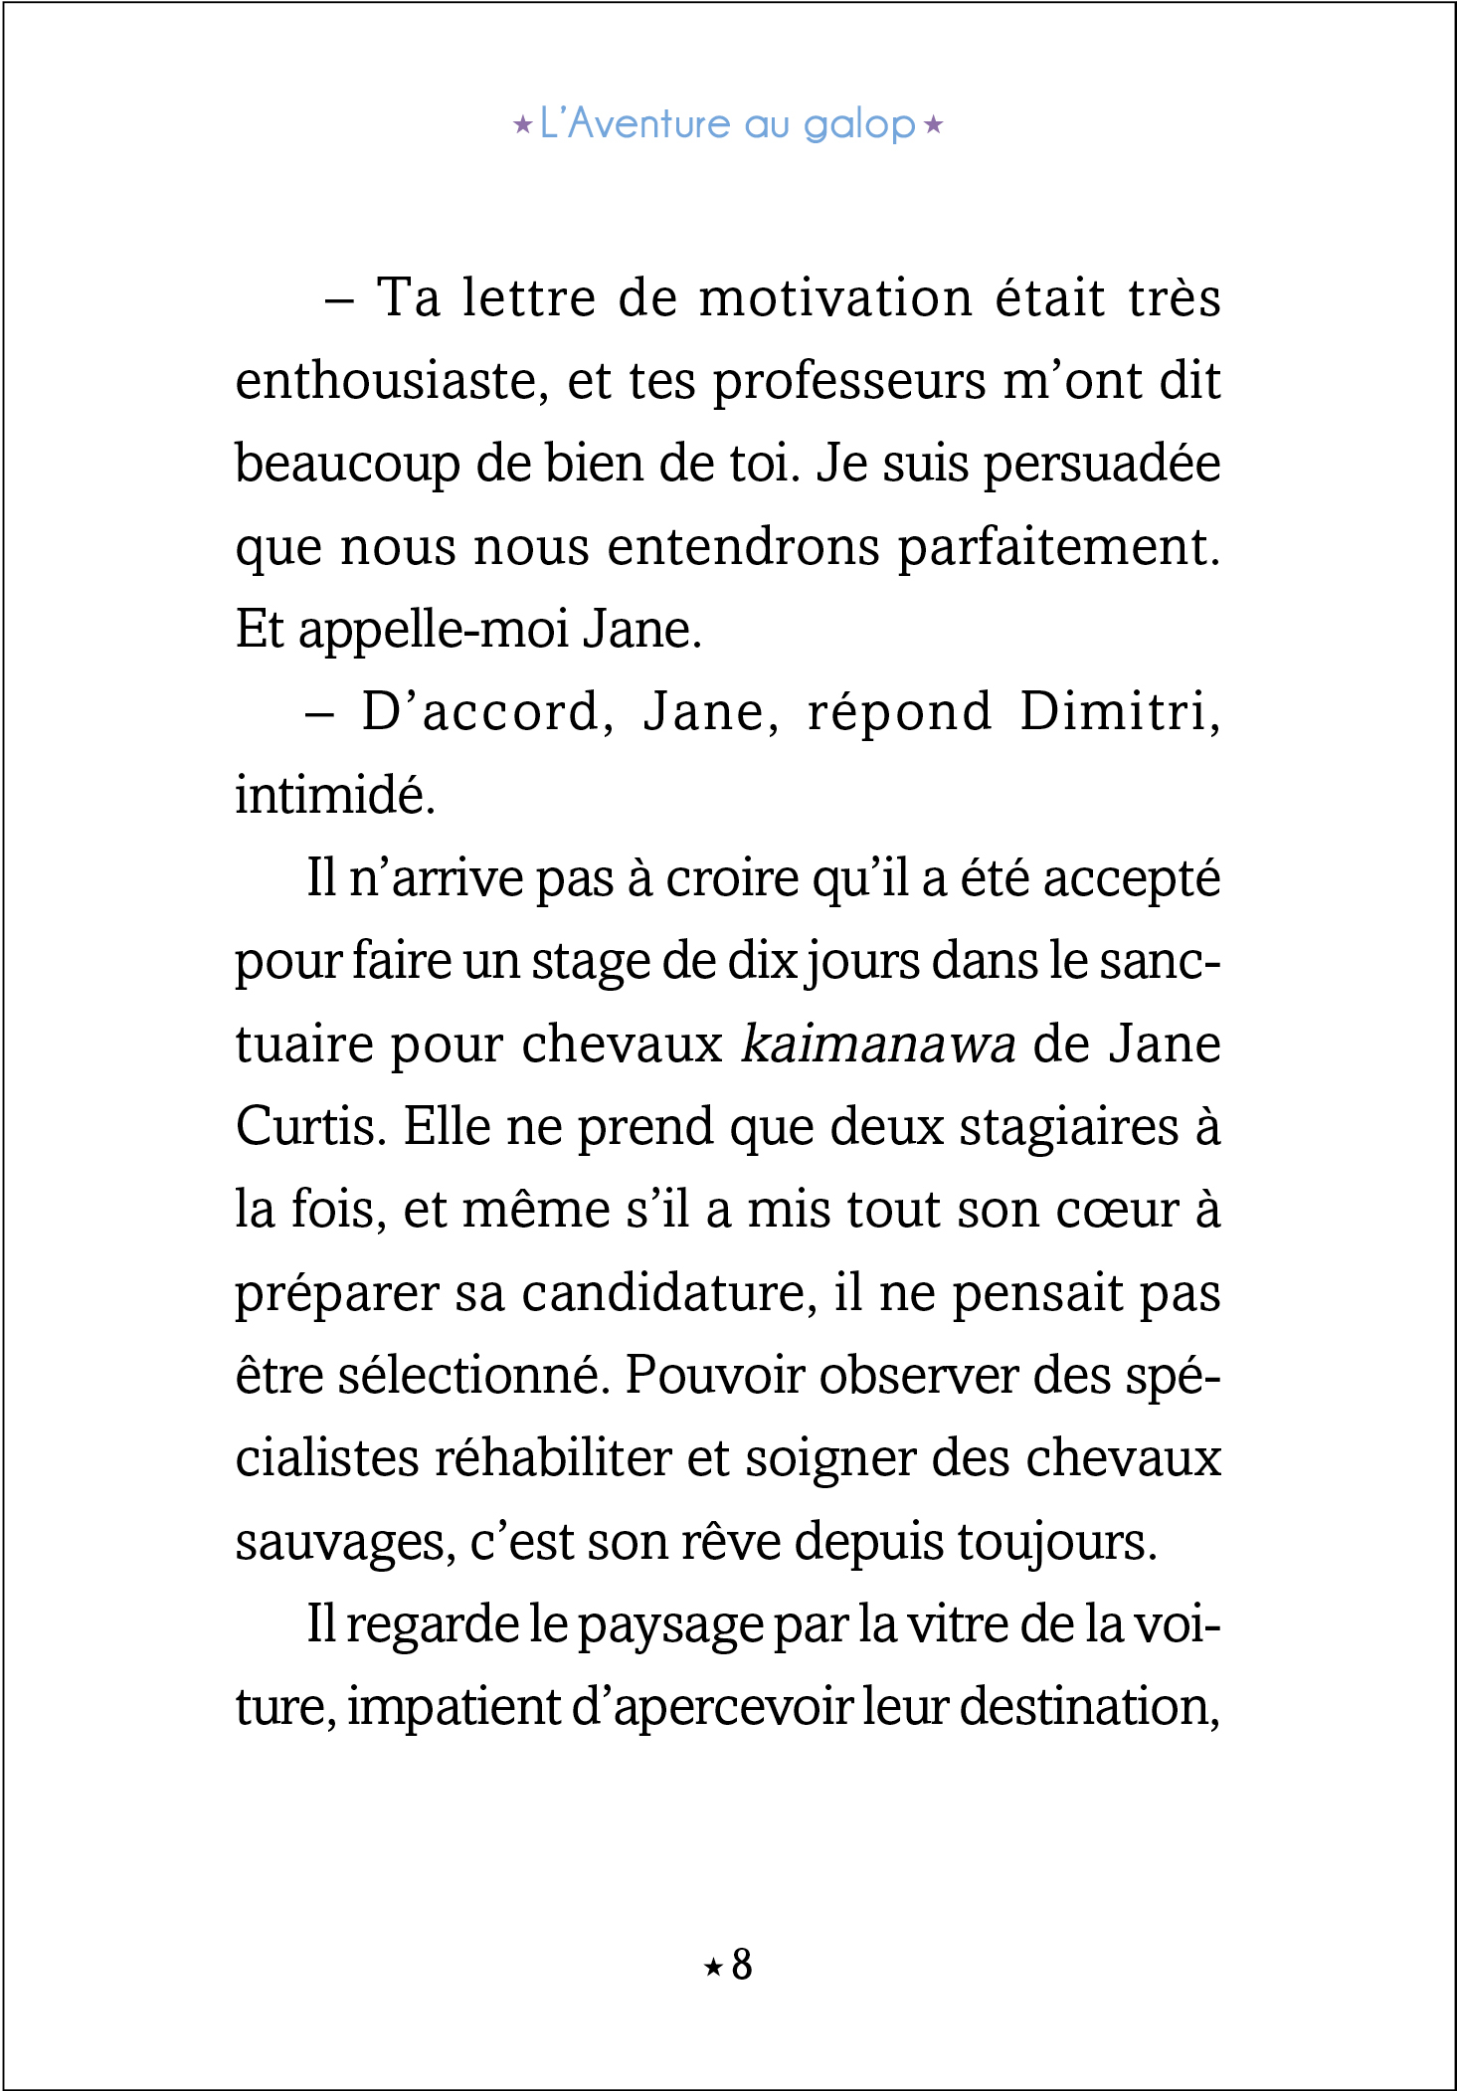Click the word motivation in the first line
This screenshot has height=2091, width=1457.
pyautogui.click(x=835, y=298)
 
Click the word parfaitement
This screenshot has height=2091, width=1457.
pyautogui.click(x=1059, y=548)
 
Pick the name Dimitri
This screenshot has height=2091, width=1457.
pyautogui.click(x=1120, y=712)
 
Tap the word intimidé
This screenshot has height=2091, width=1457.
pyautogui.click(x=335, y=796)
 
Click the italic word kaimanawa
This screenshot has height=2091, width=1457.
pyautogui.click(x=879, y=1045)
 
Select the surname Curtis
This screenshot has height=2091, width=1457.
pyautogui.click(x=310, y=1127)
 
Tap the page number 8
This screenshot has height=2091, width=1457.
pyautogui.click(x=742, y=1966)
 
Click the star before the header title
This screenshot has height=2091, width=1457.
pyautogui.click(x=522, y=126)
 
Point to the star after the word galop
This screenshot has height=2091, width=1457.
pyautogui.click(x=933, y=126)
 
